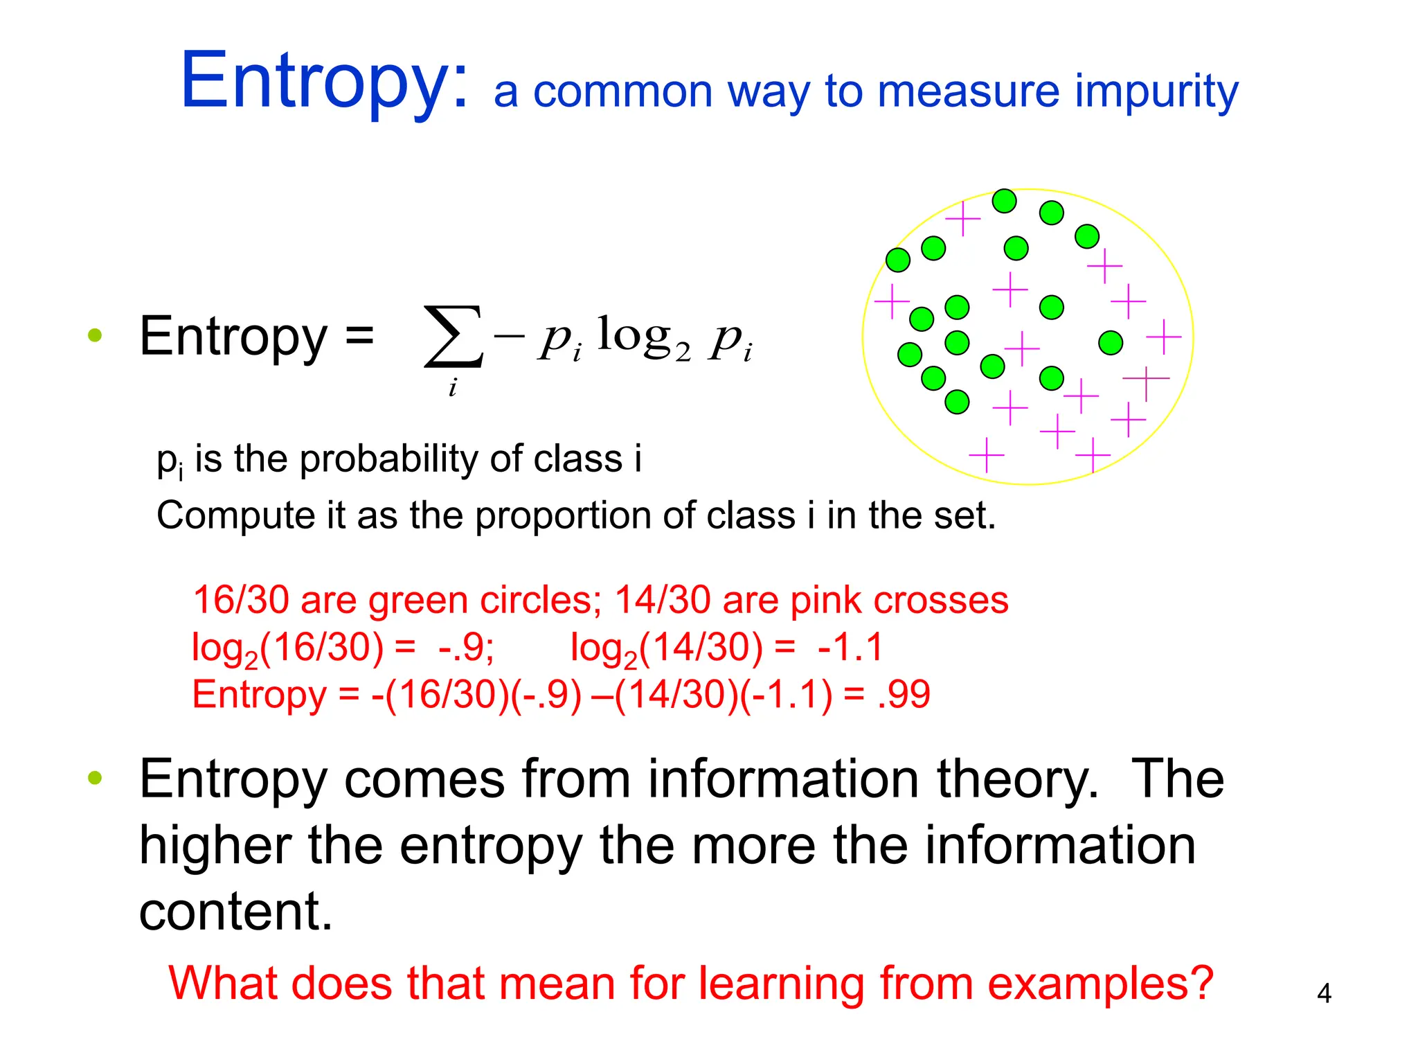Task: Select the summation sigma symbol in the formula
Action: pyautogui.click(x=453, y=337)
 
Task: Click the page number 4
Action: pyautogui.click(x=1324, y=993)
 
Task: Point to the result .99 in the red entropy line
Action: pyautogui.click(x=904, y=694)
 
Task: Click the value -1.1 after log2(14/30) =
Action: pyautogui.click(x=850, y=647)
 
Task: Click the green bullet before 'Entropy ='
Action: pyautogui.click(x=95, y=337)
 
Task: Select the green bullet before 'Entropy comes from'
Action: pyautogui.click(x=95, y=777)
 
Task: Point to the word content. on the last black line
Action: pyautogui.click(x=235, y=912)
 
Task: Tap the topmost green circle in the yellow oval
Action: pyautogui.click(x=1004, y=201)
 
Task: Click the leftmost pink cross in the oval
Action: pyautogui.click(x=892, y=301)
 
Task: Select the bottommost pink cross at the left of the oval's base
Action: pyautogui.click(x=987, y=455)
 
